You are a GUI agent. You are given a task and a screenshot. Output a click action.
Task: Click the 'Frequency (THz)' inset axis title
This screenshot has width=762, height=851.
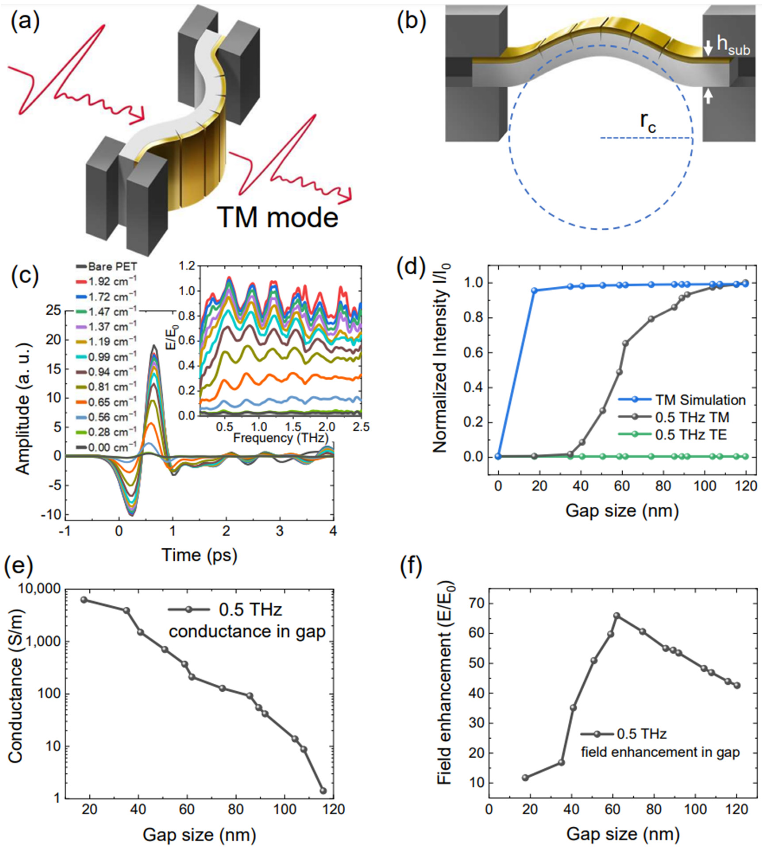[x=280, y=438]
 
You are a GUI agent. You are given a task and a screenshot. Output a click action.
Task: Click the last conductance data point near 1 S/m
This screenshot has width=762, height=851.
[x=323, y=791]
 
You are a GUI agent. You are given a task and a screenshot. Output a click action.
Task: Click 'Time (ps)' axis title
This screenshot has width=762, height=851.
[x=199, y=555]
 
